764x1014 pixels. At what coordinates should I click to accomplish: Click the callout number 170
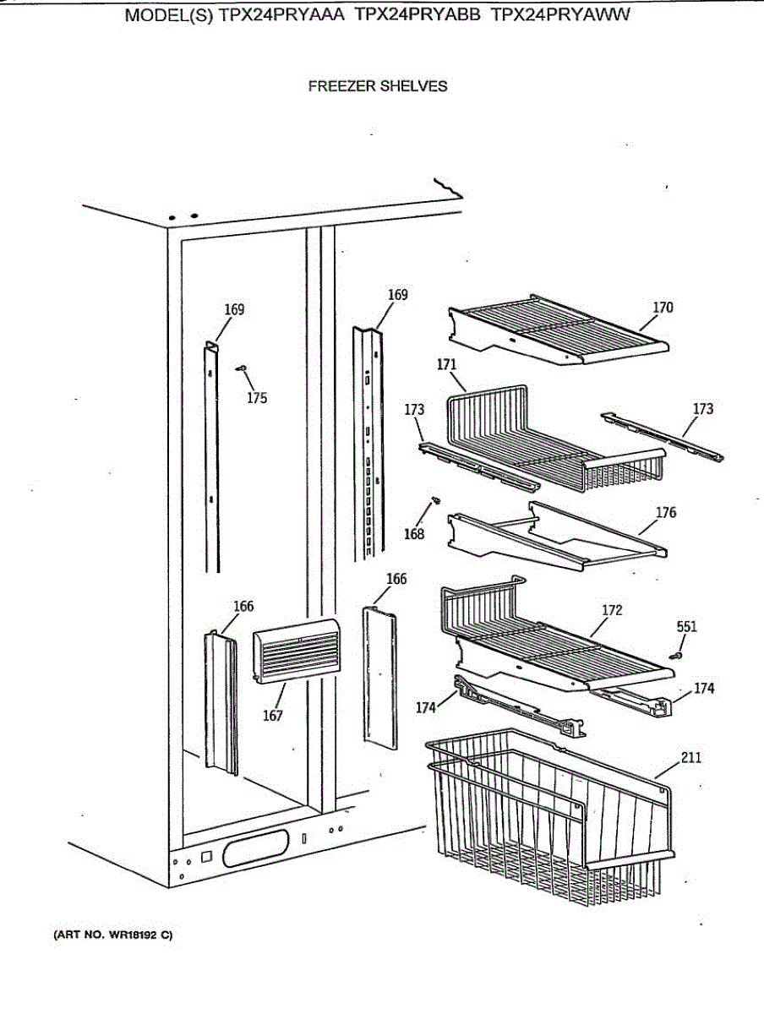click(x=663, y=308)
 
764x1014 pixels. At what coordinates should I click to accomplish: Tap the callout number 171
click(x=447, y=365)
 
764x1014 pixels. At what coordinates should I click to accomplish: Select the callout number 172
click(x=613, y=610)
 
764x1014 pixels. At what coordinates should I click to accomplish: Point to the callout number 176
click(x=666, y=513)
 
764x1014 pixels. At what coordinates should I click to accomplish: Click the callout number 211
click(x=690, y=758)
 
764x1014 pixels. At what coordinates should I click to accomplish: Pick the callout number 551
click(x=687, y=627)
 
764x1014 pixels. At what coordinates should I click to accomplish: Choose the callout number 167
click(x=272, y=716)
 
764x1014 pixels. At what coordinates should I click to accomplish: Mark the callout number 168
click(x=413, y=534)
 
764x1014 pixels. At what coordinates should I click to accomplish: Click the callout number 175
click(x=257, y=398)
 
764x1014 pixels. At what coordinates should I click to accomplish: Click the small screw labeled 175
click(x=242, y=368)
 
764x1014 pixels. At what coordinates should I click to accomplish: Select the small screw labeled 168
click(x=434, y=501)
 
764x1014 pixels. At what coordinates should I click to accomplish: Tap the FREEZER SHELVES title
click(x=378, y=86)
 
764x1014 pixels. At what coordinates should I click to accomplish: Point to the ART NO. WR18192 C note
click(x=114, y=935)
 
